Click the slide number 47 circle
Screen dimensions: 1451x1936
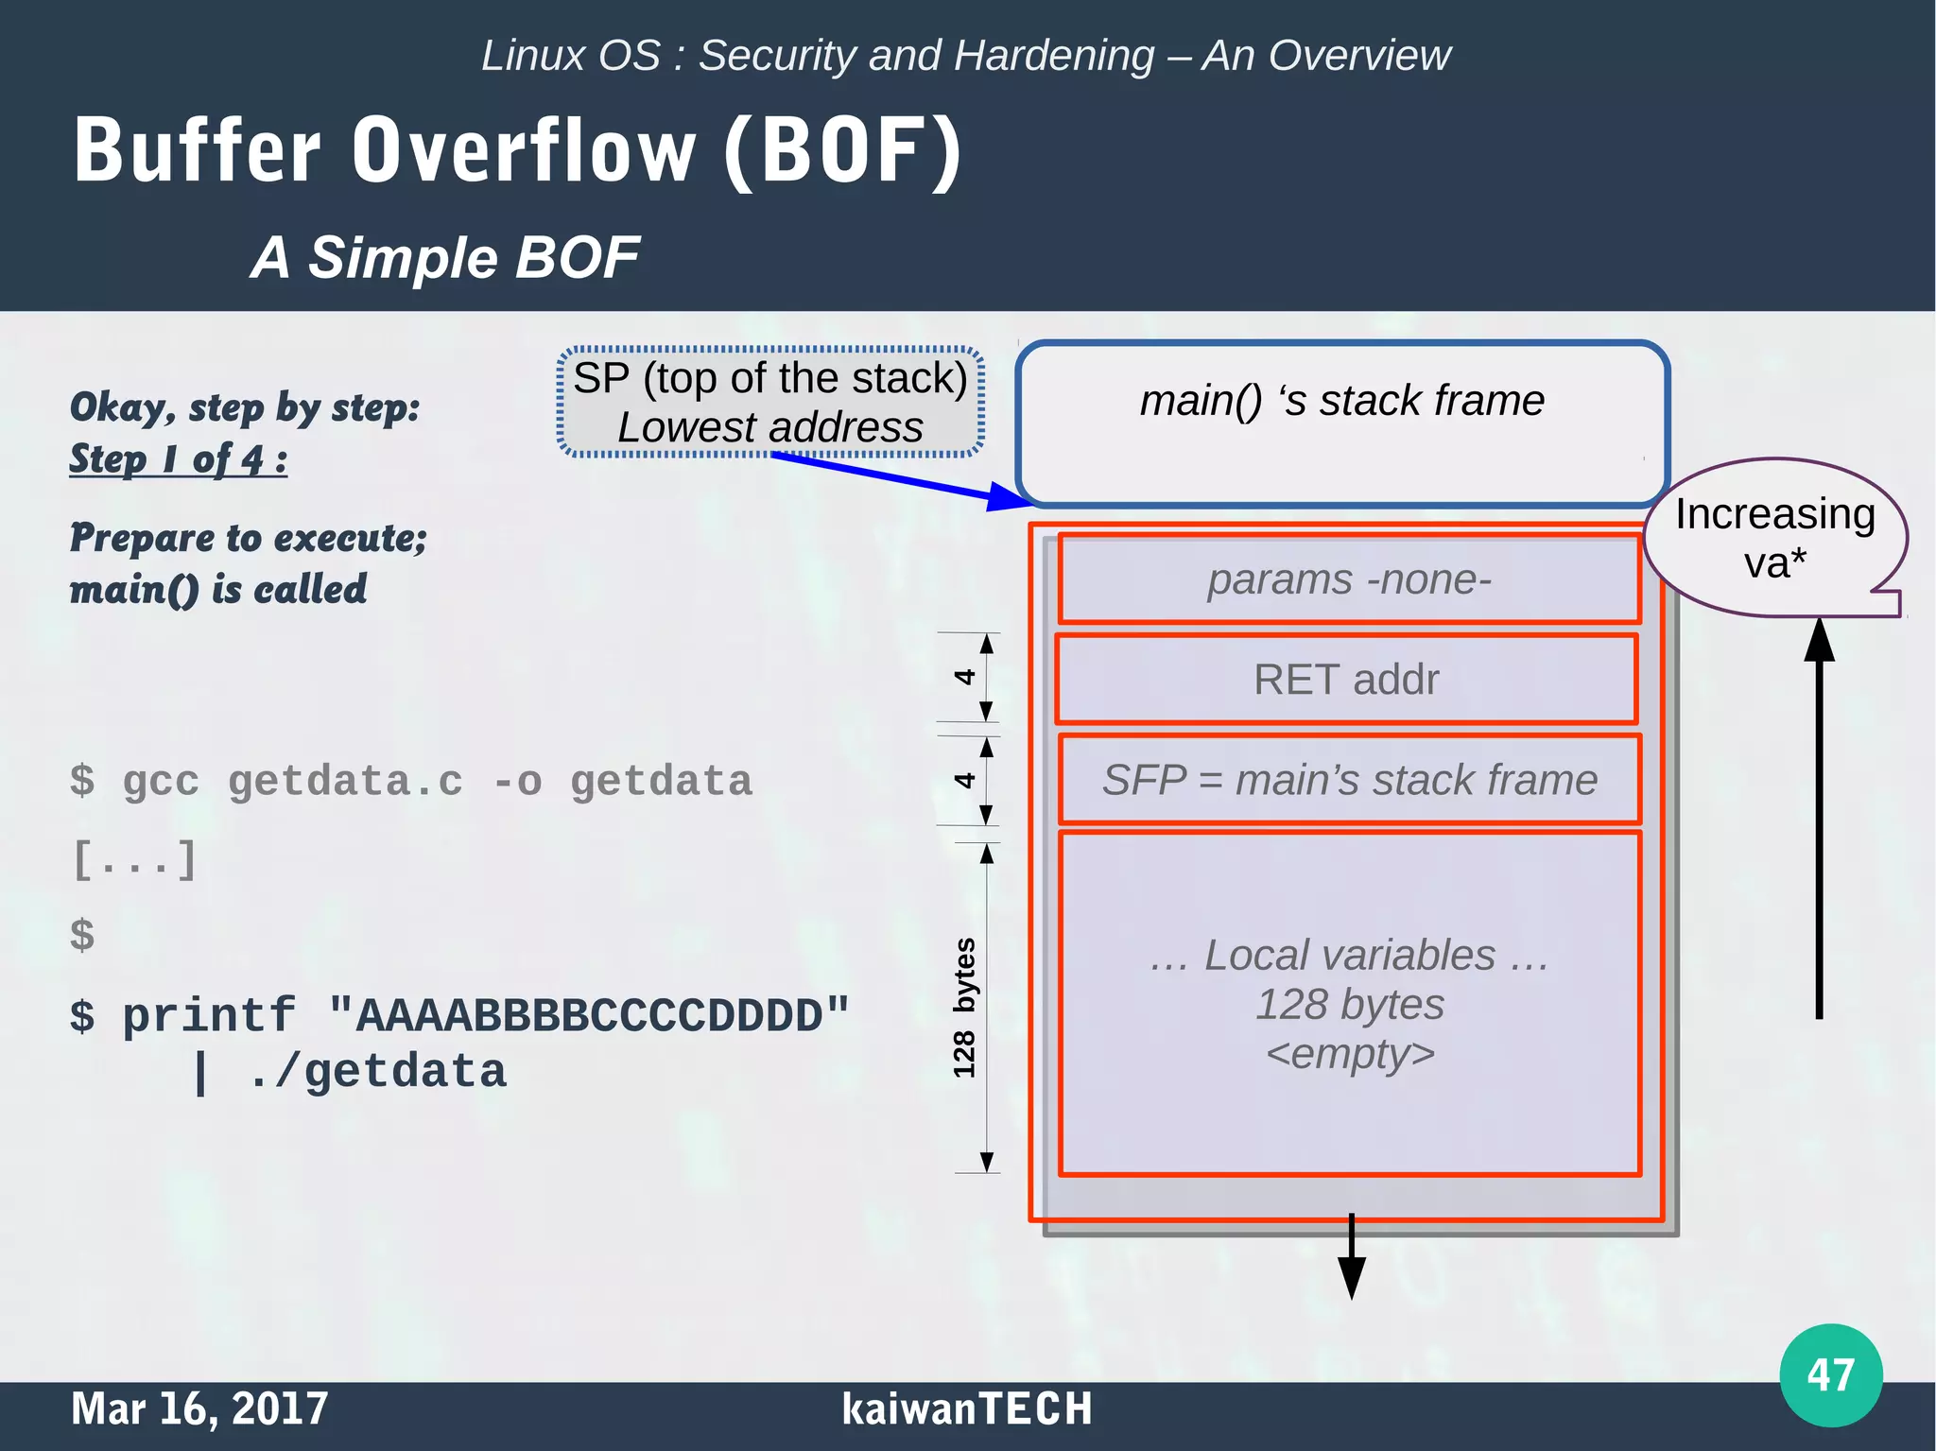tap(1830, 1374)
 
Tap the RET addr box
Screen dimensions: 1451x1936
tap(1346, 680)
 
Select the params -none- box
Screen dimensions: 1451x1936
tap(1349, 579)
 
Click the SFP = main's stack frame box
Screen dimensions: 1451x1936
tap(1349, 781)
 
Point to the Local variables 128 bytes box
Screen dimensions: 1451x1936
tap(1349, 1004)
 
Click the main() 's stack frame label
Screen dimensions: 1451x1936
tap(1341, 401)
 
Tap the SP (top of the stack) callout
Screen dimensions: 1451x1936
tap(770, 403)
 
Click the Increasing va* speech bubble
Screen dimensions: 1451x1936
tap(1774, 537)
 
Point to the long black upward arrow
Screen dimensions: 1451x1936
tap(1819, 822)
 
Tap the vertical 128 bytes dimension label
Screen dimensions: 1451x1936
tap(963, 1008)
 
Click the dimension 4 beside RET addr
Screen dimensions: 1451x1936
tap(963, 677)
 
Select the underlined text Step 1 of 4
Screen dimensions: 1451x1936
tap(178, 459)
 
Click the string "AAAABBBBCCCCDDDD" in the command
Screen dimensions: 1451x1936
tap(588, 1016)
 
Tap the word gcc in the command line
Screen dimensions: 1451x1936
tap(161, 782)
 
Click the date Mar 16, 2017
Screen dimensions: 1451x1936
tap(199, 1408)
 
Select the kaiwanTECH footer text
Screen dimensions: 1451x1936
tap(966, 1408)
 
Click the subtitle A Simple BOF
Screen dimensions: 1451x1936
tap(444, 257)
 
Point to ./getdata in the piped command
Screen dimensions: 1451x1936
tap(377, 1072)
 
